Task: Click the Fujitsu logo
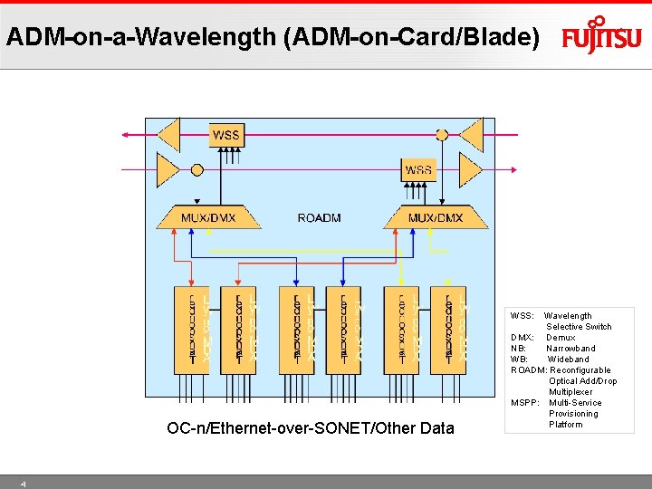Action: tap(601, 35)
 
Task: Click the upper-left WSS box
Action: tap(225, 135)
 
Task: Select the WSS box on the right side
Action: tap(418, 169)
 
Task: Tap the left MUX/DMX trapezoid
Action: tap(208, 217)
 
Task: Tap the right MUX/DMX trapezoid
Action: tap(436, 217)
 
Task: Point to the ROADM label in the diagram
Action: tap(318, 218)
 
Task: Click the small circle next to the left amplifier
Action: tap(197, 169)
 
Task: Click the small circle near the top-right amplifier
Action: tap(441, 135)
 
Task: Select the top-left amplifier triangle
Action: tap(169, 135)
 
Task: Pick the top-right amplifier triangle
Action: tap(470, 135)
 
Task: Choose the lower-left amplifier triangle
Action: tap(168, 169)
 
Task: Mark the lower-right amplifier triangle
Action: tap(470, 169)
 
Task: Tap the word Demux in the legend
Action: tap(561, 338)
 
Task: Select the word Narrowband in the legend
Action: tap(570, 349)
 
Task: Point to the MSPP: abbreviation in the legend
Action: tap(525, 403)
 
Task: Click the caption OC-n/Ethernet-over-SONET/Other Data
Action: tap(311, 428)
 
